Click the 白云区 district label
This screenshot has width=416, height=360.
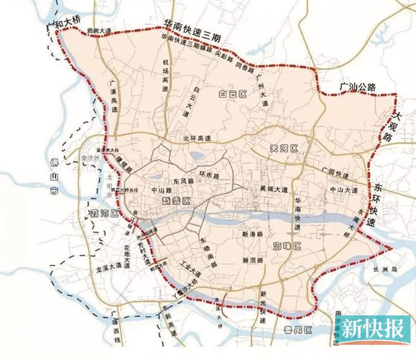pyautogui.click(x=234, y=94)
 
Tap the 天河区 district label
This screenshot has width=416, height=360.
pyautogui.click(x=282, y=148)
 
